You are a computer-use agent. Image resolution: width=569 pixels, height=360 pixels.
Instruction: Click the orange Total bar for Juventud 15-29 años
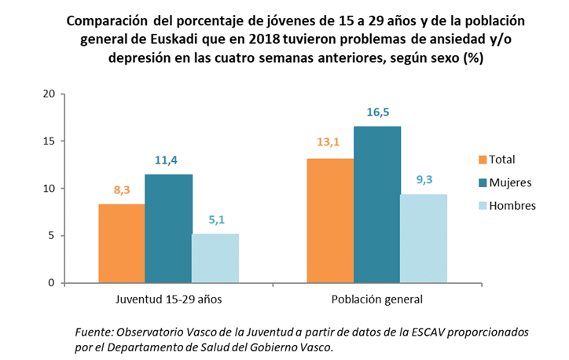click(x=121, y=243)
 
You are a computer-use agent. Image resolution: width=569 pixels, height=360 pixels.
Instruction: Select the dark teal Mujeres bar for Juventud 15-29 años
click(x=168, y=228)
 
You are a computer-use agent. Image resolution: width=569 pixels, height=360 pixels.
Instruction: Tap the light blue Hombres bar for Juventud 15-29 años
click(x=215, y=258)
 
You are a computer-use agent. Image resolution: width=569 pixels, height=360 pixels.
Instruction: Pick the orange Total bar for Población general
click(x=330, y=220)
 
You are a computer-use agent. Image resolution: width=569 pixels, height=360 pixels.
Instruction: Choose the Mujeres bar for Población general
click(x=377, y=204)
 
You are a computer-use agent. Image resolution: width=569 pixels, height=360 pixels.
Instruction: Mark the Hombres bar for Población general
click(x=424, y=238)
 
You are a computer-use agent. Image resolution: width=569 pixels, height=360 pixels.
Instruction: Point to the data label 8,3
click(x=121, y=190)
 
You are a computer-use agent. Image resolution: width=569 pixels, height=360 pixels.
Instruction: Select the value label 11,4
click(x=168, y=160)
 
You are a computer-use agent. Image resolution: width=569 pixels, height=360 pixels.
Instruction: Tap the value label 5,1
click(x=215, y=220)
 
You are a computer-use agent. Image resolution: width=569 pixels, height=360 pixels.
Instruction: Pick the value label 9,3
click(x=424, y=180)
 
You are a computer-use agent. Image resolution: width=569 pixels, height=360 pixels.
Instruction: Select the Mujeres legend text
click(x=510, y=182)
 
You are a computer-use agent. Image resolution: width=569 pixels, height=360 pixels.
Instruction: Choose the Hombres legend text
click(x=512, y=205)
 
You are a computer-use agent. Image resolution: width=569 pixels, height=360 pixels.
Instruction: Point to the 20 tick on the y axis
click(x=48, y=94)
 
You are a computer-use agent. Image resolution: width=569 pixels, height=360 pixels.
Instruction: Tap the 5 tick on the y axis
click(x=51, y=236)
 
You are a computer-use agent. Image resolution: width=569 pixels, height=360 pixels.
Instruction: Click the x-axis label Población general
click(x=376, y=299)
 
